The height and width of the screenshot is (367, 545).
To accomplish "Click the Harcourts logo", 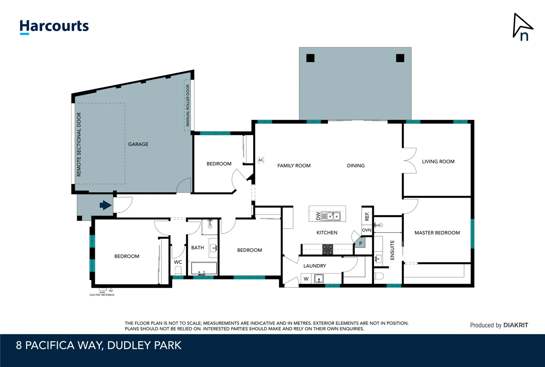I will tap(54, 27).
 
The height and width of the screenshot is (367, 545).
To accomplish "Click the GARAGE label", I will tap(138, 144).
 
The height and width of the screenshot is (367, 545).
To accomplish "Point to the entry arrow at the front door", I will tap(105, 205).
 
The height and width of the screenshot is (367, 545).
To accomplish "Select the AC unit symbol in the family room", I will tap(261, 160).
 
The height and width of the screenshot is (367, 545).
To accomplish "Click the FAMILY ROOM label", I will tap(294, 165).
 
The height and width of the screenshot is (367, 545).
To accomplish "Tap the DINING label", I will tap(356, 165).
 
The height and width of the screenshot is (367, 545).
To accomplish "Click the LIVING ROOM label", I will tap(438, 161).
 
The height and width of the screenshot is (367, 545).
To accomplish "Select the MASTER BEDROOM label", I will tap(437, 233).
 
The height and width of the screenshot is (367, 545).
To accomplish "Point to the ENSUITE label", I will tap(392, 250).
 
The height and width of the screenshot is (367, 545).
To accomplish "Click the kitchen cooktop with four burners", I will tap(328, 249).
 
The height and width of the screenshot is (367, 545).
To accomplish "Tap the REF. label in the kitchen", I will tap(367, 216).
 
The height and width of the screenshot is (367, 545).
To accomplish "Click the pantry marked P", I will tap(360, 243).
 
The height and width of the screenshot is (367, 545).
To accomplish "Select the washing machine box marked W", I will tap(306, 279).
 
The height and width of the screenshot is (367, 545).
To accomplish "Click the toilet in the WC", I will tap(178, 271).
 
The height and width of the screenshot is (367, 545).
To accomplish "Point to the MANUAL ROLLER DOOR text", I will tap(187, 105).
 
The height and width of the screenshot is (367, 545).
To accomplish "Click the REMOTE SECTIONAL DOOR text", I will tap(79, 144).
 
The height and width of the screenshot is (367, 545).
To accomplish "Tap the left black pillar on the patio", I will tap(310, 58).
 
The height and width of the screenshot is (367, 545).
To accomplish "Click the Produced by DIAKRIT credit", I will tap(499, 325).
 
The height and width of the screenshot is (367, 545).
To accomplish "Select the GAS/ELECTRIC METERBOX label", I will tap(102, 294).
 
